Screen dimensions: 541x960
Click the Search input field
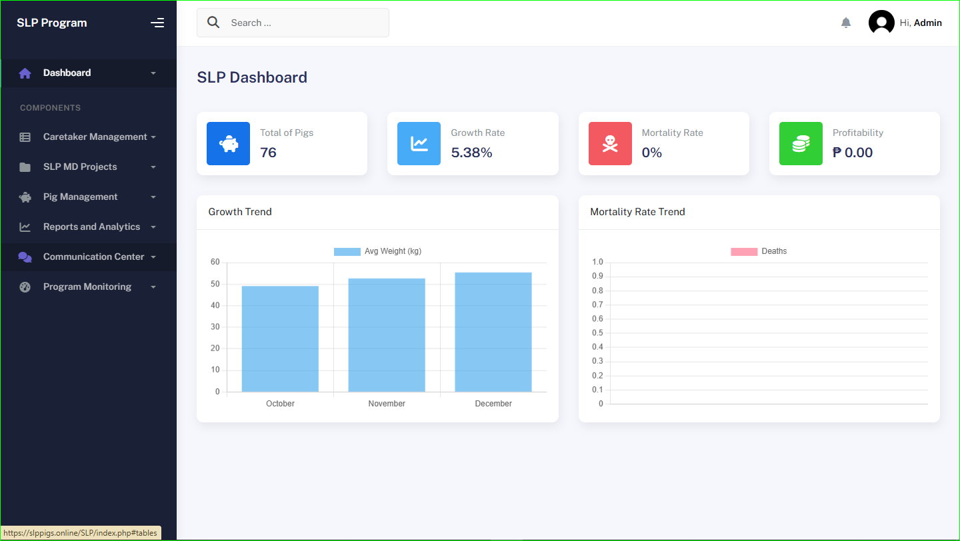coord(300,23)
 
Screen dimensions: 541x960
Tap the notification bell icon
coord(846,23)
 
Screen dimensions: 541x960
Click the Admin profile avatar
coord(881,23)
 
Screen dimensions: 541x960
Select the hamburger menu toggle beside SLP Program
coord(157,23)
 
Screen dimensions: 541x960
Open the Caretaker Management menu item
coord(95,137)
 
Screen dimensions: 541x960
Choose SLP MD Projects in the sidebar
coord(80,167)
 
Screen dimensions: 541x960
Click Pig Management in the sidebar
coord(80,197)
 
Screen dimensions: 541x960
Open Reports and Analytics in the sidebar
coord(91,227)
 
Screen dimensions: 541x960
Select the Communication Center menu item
coord(93,257)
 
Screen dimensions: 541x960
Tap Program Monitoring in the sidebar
coord(87,286)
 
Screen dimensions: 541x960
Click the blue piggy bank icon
coord(229,143)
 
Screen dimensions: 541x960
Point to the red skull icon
coord(610,143)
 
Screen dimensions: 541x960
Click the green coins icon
coord(801,143)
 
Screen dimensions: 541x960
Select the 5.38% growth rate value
coord(471,153)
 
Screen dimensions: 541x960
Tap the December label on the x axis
coord(493,404)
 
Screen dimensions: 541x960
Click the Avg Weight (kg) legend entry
coord(378,251)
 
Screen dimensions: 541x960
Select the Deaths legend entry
coord(759,251)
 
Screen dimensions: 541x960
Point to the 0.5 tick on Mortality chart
coord(597,333)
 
